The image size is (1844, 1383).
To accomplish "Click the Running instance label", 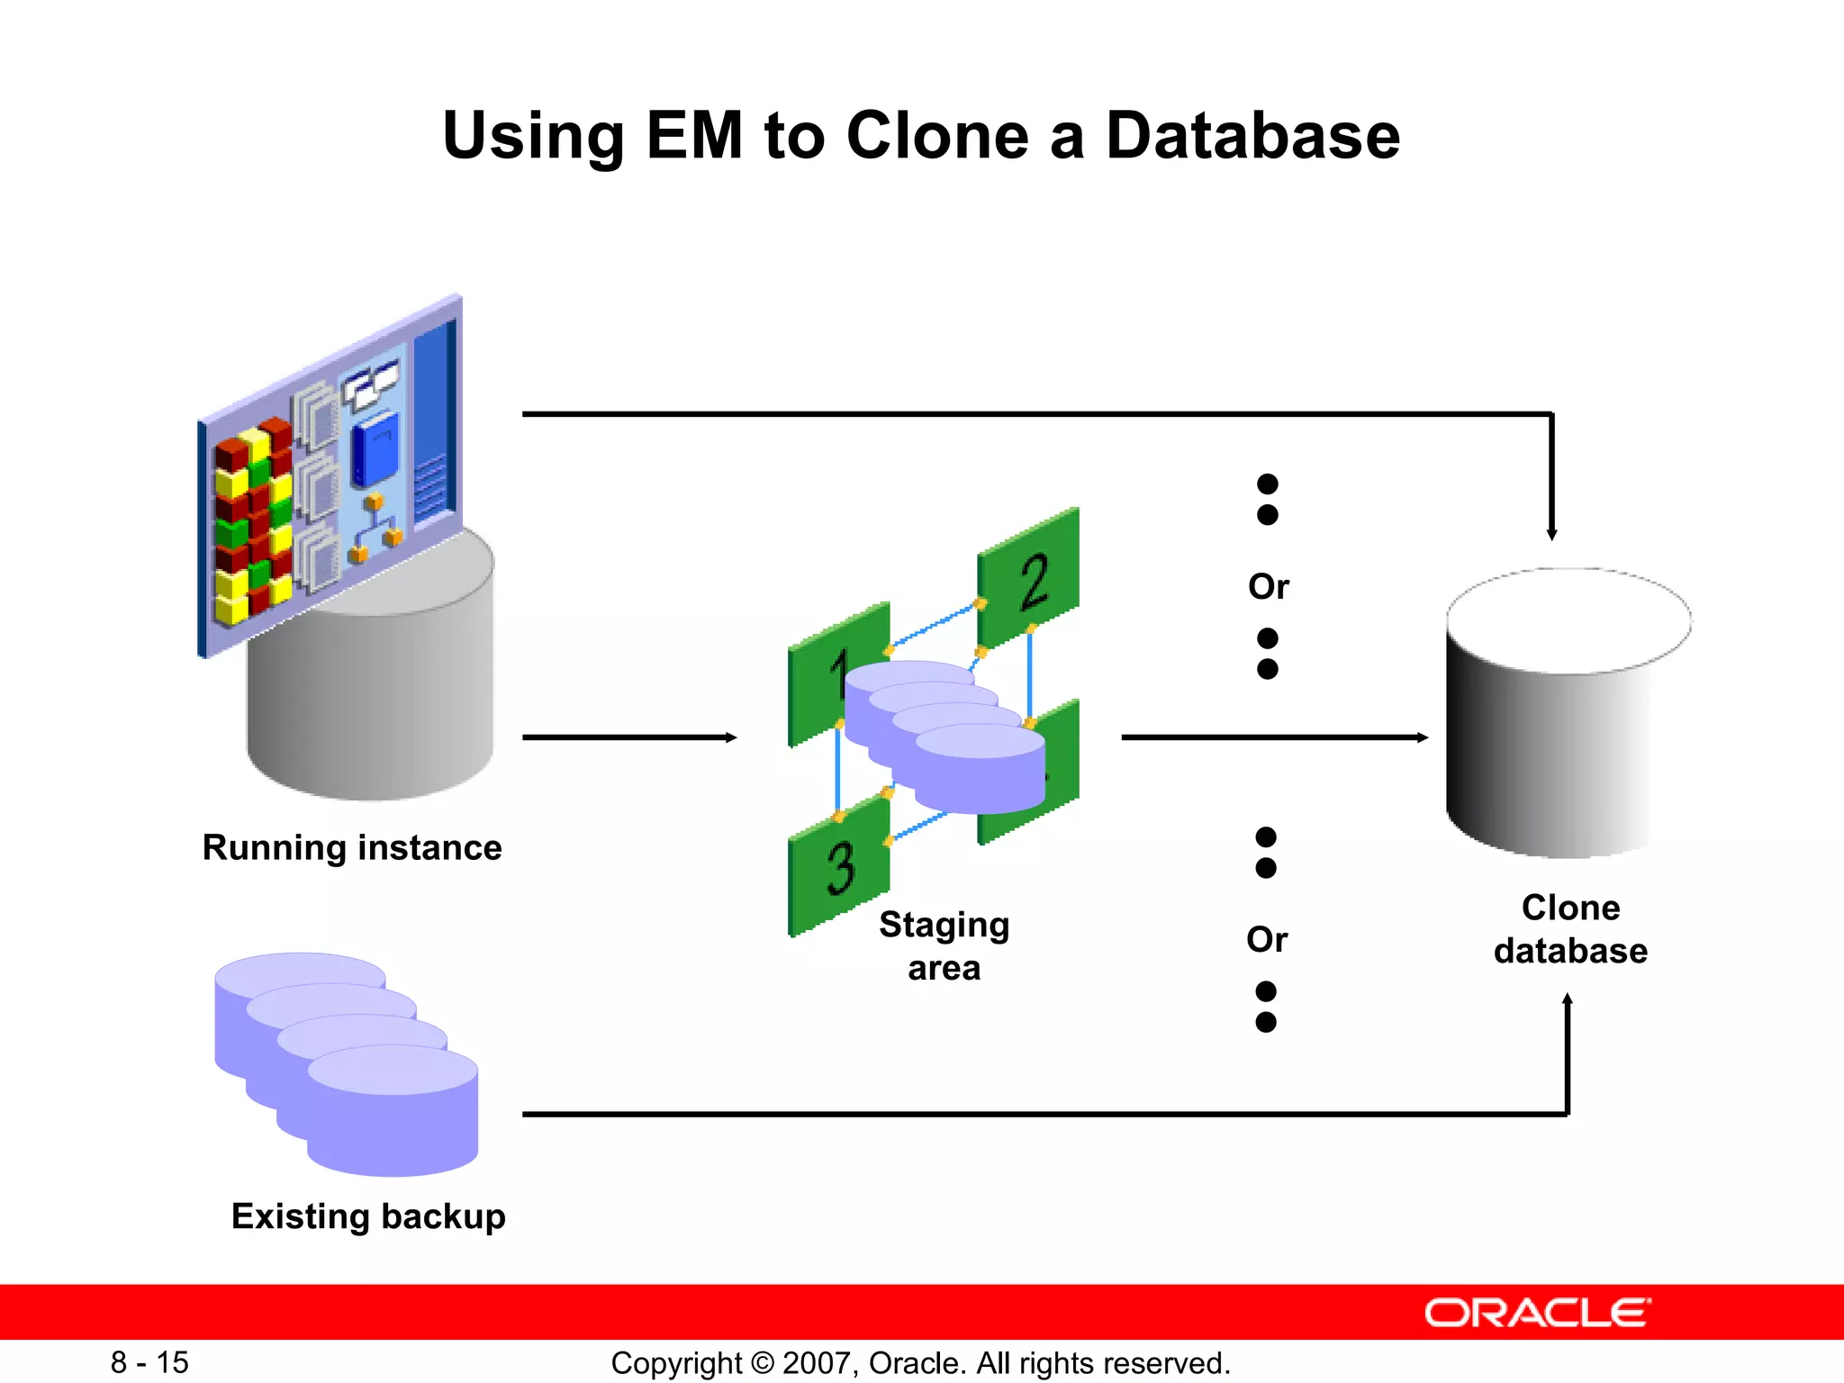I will click(352, 847).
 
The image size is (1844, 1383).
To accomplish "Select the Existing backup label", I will click(368, 1216).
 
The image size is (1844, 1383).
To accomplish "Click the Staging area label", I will click(944, 945).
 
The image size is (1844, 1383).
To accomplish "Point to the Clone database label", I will click(1570, 929).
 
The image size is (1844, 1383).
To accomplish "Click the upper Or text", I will click(1268, 587).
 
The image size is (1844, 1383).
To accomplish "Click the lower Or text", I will click(1266, 940).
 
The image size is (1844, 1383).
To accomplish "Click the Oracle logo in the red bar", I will click(1537, 1313).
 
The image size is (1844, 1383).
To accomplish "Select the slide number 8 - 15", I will click(149, 1362).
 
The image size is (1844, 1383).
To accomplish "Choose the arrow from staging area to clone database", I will click(1274, 737).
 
